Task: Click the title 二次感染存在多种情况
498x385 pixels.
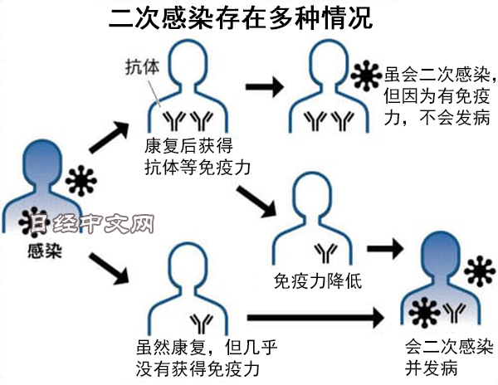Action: (241, 18)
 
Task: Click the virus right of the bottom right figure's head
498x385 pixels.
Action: (479, 271)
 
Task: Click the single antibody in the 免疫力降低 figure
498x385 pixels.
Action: (320, 248)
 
